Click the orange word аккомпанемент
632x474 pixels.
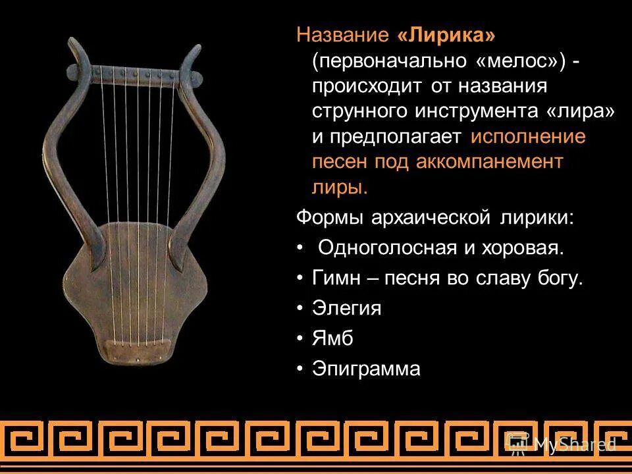pyautogui.click(x=489, y=162)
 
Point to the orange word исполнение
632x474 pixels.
pyautogui.click(x=528, y=137)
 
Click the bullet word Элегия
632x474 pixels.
pyautogui.click(x=346, y=307)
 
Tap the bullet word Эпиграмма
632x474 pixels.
pyautogui.click(x=366, y=368)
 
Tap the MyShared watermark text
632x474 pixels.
pyautogui.click(x=573, y=444)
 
